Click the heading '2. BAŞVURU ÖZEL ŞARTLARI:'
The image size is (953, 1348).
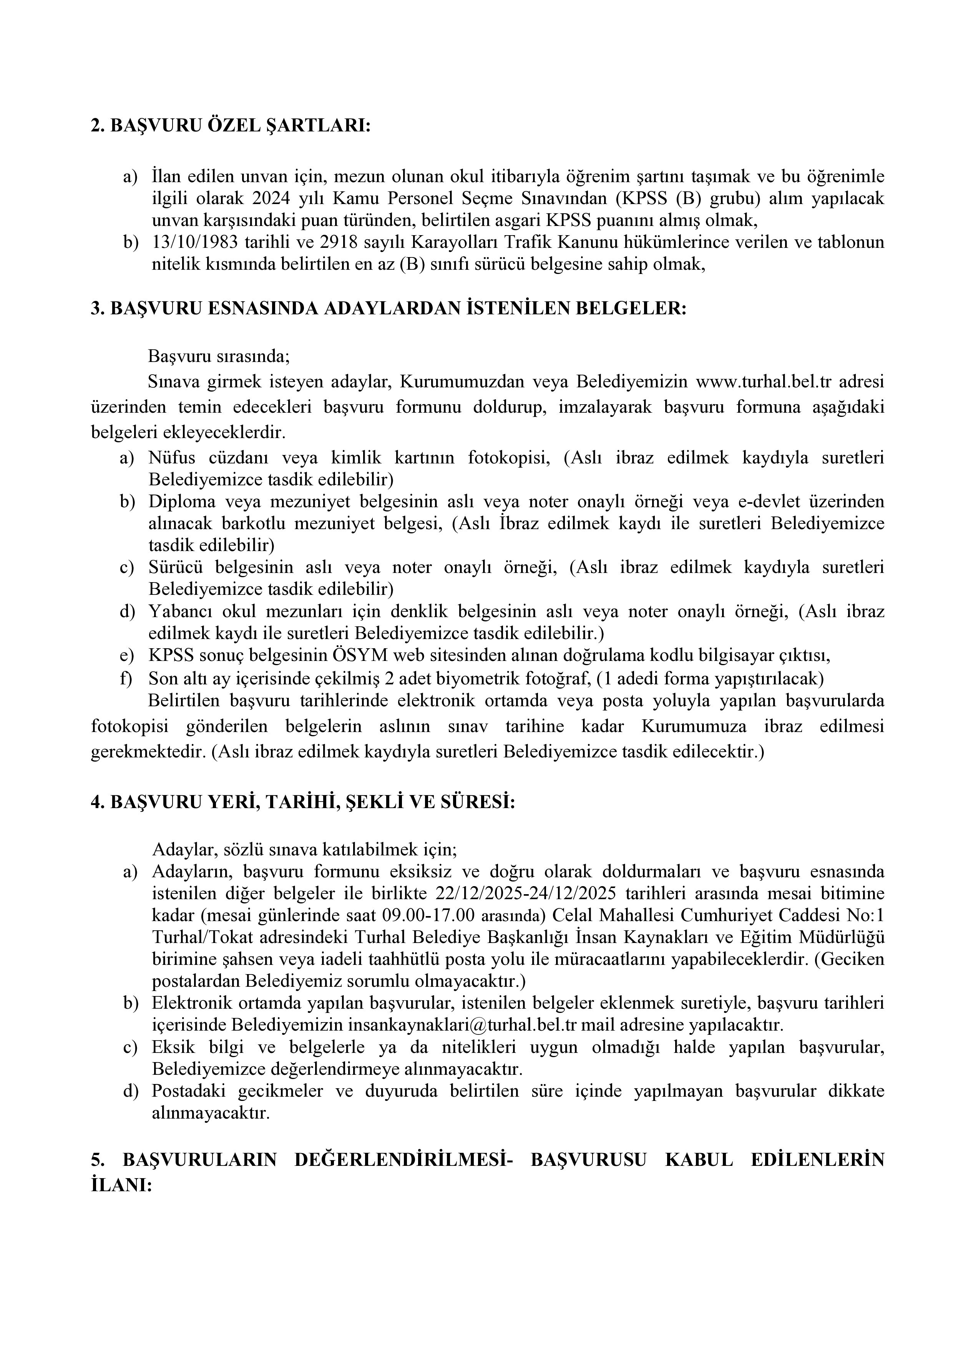click(x=231, y=126)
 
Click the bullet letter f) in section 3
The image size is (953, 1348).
click(x=127, y=679)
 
